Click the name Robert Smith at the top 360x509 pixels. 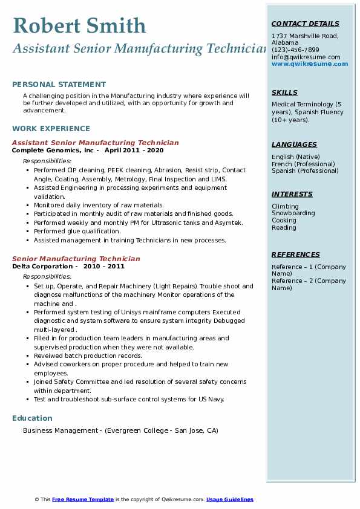pyautogui.click(x=79, y=25)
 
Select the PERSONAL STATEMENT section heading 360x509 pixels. pyautogui.click(x=59, y=85)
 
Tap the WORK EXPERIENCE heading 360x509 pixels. pyautogui.click(x=51, y=128)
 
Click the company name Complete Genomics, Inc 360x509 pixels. pyautogui.click(x=53, y=150)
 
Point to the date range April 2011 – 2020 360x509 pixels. pyautogui.click(x=134, y=150)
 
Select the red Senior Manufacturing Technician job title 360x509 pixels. pyautogui.click(x=76, y=259)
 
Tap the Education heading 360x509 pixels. pyautogui.click(x=32, y=418)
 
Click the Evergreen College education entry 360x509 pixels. pyautogui.click(x=120, y=431)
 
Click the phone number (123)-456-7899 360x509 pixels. pyautogui.click(x=295, y=50)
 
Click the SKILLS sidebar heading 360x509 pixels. pyautogui.click(x=284, y=92)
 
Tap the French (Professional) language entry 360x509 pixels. pyautogui.click(x=303, y=164)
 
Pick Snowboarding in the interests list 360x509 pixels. pyautogui.click(x=293, y=213)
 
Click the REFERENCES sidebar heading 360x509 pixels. pyautogui.click(x=295, y=254)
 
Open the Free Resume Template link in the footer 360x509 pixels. pyautogui.click(x=83, y=499)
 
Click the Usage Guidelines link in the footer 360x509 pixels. pyautogui.click(x=229, y=499)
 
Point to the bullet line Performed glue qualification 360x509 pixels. pyautogui.click(x=77, y=232)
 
